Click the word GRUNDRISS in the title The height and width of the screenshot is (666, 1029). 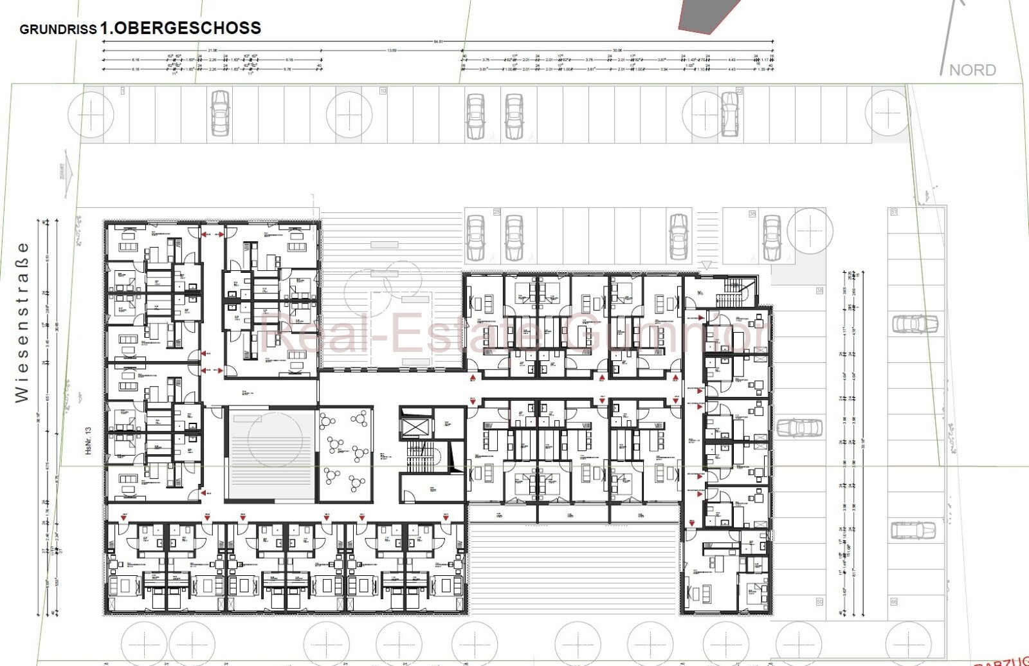(58, 30)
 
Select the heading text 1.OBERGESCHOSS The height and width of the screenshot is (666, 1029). (181, 28)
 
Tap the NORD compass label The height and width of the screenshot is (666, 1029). (972, 70)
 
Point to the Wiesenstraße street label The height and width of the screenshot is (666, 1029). (23, 322)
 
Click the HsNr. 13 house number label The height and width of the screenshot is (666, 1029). (89, 441)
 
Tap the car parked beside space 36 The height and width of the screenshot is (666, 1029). (772, 237)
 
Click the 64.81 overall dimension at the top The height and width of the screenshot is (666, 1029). (438, 42)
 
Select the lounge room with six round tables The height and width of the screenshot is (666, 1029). (345, 454)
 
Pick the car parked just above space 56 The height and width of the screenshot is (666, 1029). (913, 530)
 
